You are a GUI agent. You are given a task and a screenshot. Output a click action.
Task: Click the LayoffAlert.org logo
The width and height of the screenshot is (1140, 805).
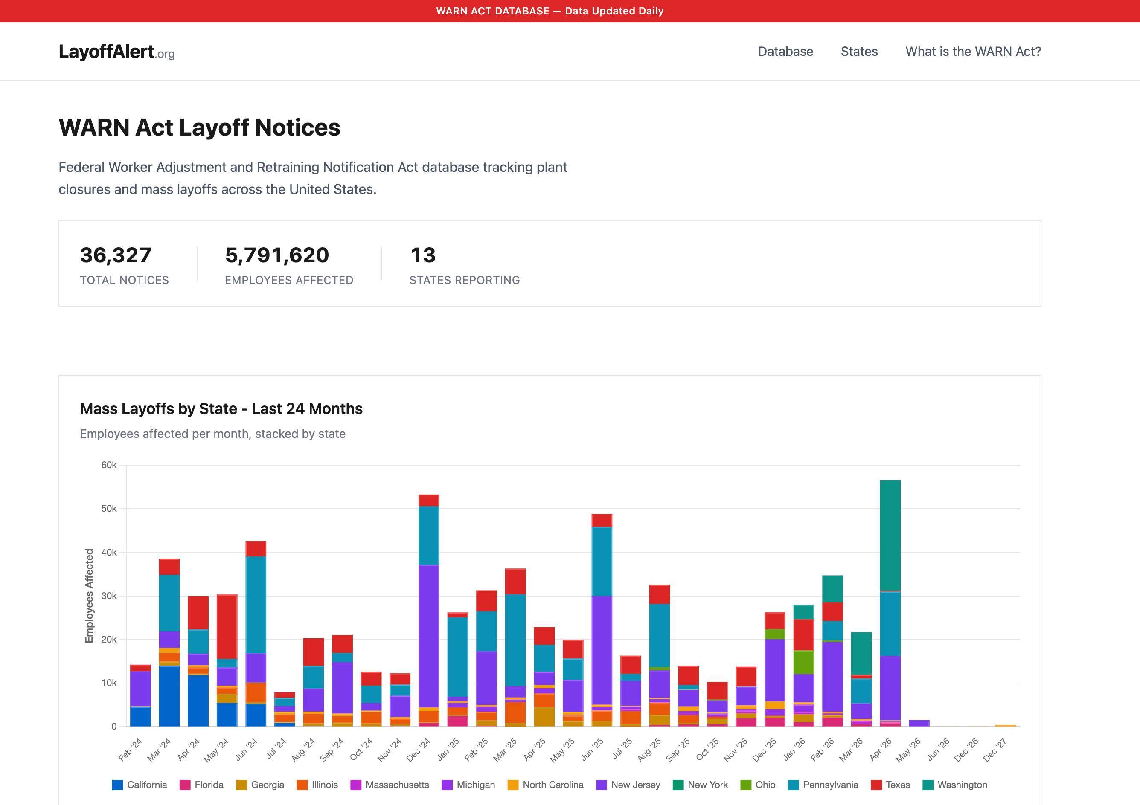point(116,52)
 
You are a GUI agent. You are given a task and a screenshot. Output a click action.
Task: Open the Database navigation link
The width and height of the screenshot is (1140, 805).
point(785,52)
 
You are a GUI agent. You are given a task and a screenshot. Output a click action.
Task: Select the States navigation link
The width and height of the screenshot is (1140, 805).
point(859,52)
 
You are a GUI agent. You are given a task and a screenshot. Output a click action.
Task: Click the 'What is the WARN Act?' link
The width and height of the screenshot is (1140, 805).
point(973,52)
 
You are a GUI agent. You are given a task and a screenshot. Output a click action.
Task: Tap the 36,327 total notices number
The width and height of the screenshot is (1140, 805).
point(115,255)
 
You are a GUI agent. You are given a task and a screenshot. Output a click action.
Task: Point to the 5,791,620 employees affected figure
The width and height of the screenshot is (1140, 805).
point(276,255)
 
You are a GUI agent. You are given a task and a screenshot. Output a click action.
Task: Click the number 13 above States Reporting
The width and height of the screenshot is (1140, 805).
point(422,255)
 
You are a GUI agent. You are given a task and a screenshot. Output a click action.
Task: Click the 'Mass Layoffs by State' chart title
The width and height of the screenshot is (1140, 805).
point(221,408)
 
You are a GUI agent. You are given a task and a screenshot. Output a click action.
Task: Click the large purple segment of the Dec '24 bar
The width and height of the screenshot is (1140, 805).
point(429,635)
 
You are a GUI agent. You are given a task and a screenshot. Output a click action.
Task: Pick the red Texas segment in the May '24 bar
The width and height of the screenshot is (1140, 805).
point(227,626)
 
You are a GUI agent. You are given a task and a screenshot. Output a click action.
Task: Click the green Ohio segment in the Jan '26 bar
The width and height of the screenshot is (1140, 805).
point(803,662)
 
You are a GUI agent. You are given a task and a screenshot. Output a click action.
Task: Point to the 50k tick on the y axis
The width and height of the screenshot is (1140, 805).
point(109,509)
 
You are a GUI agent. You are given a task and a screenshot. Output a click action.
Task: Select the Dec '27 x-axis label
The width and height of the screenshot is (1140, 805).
point(995,750)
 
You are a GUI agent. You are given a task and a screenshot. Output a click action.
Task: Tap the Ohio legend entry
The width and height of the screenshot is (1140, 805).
point(758,785)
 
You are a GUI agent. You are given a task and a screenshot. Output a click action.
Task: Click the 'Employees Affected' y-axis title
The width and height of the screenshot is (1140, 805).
point(89,596)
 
